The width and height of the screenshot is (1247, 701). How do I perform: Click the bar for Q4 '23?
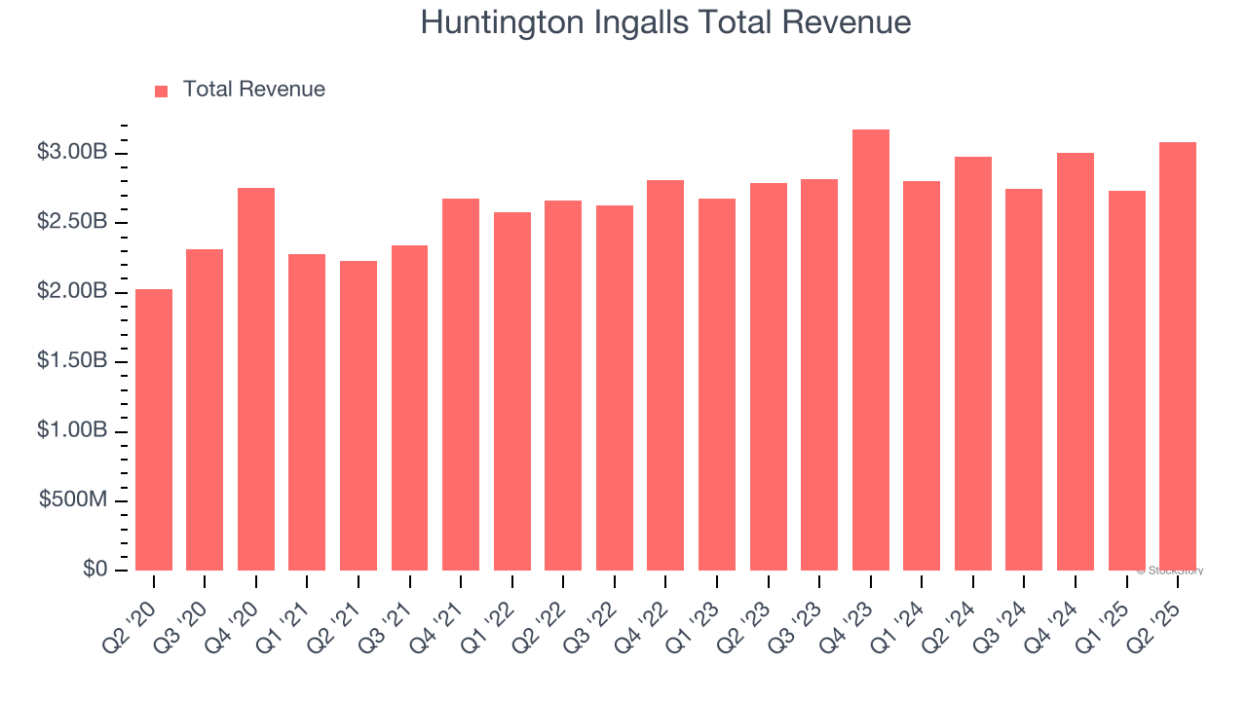tap(870, 350)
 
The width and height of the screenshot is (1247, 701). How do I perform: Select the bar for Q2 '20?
tap(154, 430)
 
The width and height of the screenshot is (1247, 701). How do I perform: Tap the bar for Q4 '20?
tap(256, 380)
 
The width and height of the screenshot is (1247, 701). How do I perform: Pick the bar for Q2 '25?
tap(1178, 356)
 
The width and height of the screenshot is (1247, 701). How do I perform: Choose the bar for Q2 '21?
tap(359, 416)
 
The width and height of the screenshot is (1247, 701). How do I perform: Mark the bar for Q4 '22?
tap(665, 376)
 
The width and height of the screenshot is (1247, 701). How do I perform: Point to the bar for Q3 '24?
tap(1024, 380)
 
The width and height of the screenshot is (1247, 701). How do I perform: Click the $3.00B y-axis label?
tap(72, 153)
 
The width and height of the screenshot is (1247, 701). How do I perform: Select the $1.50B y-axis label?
tap(72, 361)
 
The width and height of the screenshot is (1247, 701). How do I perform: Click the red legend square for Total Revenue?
tap(162, 91)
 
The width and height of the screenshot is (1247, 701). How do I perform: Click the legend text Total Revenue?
tap(254, 90)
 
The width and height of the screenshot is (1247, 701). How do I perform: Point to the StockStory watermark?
tap(1169, 571)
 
